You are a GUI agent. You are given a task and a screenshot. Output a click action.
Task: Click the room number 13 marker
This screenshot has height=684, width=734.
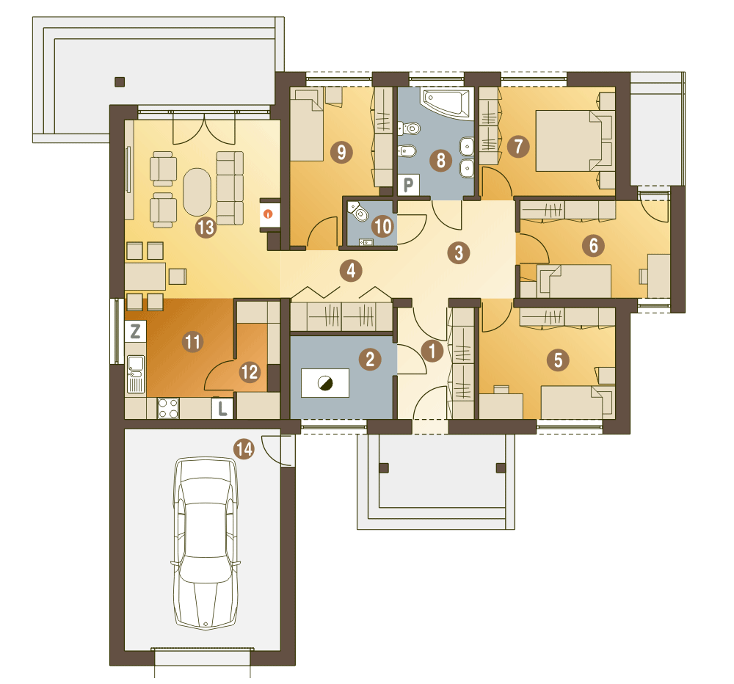coord(206,228)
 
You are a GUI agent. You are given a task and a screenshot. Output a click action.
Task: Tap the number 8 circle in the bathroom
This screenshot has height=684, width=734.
coord(440,160)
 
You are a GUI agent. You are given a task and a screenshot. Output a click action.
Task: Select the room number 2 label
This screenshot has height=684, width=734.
coord(370,359)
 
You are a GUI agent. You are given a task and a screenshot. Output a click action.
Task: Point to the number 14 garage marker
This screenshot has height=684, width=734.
coord(244,449)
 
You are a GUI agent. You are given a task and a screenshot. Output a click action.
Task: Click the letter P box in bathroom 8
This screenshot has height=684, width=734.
coord(408,185)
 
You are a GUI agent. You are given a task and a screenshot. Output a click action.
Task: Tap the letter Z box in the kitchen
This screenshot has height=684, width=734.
coord(136,332)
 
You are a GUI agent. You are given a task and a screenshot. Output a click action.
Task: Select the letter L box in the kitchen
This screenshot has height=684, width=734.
coord(222,408)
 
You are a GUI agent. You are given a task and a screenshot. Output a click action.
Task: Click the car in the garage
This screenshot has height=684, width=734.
coord(206,543)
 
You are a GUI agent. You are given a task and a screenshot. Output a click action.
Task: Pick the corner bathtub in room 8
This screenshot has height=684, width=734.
coord(446,103)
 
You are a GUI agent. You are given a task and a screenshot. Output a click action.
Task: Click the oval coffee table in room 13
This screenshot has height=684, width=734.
coord(197,192)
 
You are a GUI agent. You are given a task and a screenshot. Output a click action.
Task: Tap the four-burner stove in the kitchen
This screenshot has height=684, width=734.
coord(168,408)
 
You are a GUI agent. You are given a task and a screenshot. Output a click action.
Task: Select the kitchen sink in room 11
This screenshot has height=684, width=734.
coord(136,374)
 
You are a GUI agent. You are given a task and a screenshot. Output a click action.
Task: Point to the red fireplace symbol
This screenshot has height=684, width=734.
coord(268,214)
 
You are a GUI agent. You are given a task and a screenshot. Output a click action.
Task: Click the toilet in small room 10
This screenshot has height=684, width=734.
coord(359,211)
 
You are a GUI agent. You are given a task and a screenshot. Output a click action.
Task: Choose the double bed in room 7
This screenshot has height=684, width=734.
coord(574,140)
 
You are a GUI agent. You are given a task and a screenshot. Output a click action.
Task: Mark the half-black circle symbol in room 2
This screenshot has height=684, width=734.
coord(325,383)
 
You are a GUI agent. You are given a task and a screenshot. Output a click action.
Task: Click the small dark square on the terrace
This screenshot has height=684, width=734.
coord(120,82)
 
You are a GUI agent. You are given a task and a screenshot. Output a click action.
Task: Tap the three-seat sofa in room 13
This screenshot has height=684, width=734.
coord(230,188)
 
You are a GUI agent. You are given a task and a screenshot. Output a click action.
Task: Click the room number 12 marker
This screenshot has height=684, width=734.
coord(249,372)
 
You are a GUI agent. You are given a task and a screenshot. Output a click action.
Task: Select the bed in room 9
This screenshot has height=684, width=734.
coord(308,125)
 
